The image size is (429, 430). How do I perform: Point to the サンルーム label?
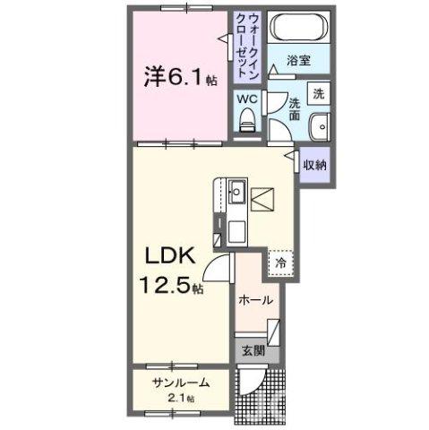click(179, 383)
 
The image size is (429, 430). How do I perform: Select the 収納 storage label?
click(313, 165)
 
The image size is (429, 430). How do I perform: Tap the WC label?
click(246, 99)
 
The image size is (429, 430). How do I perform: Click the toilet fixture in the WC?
click(249, 119)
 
